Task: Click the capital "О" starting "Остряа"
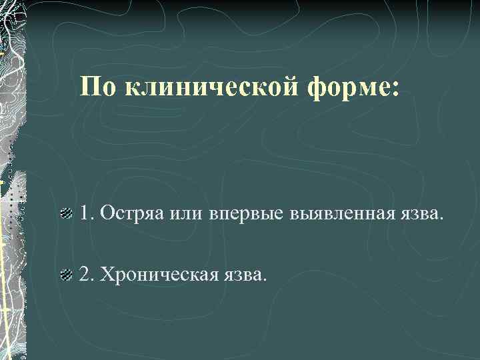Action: [x=105, y=214]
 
